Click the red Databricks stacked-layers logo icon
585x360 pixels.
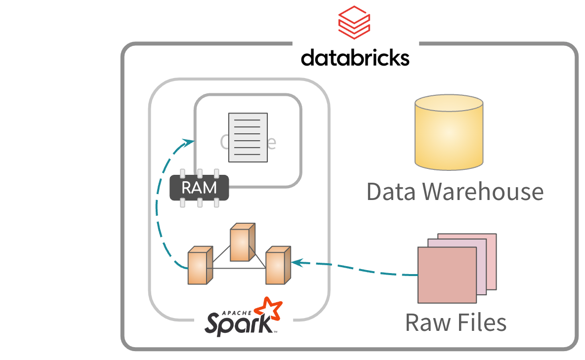coord(354,23)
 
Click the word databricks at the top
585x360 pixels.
coord(355,57)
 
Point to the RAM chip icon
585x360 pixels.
coord(200,188)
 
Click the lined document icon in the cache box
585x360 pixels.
coord(248,137)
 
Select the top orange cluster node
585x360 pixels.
coord(242,243)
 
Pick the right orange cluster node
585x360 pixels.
coord(277,266)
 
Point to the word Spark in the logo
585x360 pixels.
coord(238,323)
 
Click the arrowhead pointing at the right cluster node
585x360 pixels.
coord(296,262)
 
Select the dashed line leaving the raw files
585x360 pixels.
coord(376,271)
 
